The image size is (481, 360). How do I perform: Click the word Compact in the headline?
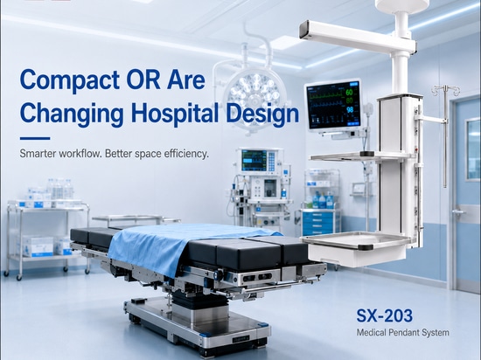(x=69, y=80)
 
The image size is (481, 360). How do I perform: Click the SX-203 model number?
(x=385, y=315)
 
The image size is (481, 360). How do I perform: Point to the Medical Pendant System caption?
(x=402, y=332)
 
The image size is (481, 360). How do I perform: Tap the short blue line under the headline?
(x=35, y=138)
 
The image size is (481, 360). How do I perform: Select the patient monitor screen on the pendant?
(x=333, y=105)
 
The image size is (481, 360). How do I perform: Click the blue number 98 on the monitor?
(x=350, y=110)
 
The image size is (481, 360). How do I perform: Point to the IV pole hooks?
(x=446, y=90)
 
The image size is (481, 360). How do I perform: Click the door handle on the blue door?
(x=458, y=211)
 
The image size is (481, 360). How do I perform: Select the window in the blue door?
(x=473, y=149)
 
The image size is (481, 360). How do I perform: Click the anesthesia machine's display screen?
(x=254, y=160)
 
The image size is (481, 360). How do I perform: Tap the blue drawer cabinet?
(x=319, y=223)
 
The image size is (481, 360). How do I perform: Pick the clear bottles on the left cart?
(x=60, y=189)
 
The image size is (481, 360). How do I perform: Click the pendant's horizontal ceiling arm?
(x=358, y=37)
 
